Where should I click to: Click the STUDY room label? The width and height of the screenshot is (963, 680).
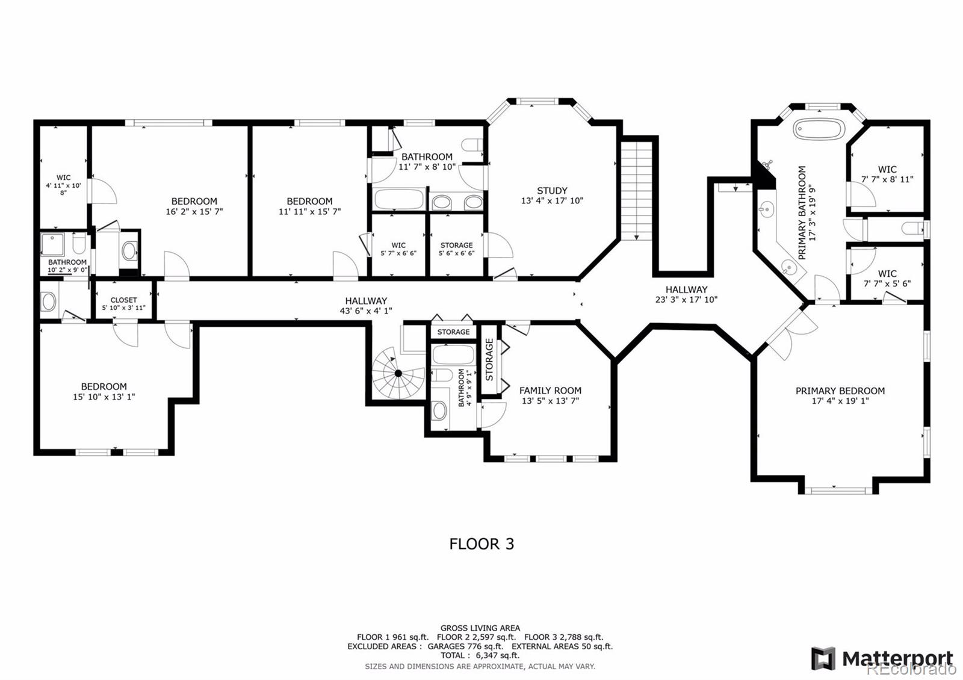552,191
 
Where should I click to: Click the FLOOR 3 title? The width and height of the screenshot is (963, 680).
482,544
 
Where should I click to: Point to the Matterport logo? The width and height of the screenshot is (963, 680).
882,658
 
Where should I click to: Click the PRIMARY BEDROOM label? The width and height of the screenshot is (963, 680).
840,391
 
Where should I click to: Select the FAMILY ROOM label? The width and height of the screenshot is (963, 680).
550,391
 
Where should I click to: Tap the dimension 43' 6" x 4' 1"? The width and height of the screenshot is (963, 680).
366,311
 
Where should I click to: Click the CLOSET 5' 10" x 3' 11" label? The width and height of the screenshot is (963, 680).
123,303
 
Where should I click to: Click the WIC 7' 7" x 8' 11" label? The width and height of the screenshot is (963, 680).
887,174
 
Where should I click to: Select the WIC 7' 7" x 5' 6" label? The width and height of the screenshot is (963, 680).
887,278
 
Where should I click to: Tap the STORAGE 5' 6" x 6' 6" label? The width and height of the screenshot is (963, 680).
456,249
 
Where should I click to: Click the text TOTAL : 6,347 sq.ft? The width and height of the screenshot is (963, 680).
480,655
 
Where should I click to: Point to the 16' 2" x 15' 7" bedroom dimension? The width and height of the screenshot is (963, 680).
194,212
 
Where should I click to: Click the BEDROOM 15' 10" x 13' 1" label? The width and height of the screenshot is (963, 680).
104,391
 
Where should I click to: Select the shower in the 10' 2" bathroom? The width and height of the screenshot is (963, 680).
53,244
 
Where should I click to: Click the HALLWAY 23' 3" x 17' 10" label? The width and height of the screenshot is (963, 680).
686,294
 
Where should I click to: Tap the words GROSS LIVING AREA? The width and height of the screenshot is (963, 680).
480,628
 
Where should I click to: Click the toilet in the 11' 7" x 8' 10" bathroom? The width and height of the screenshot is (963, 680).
472,145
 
